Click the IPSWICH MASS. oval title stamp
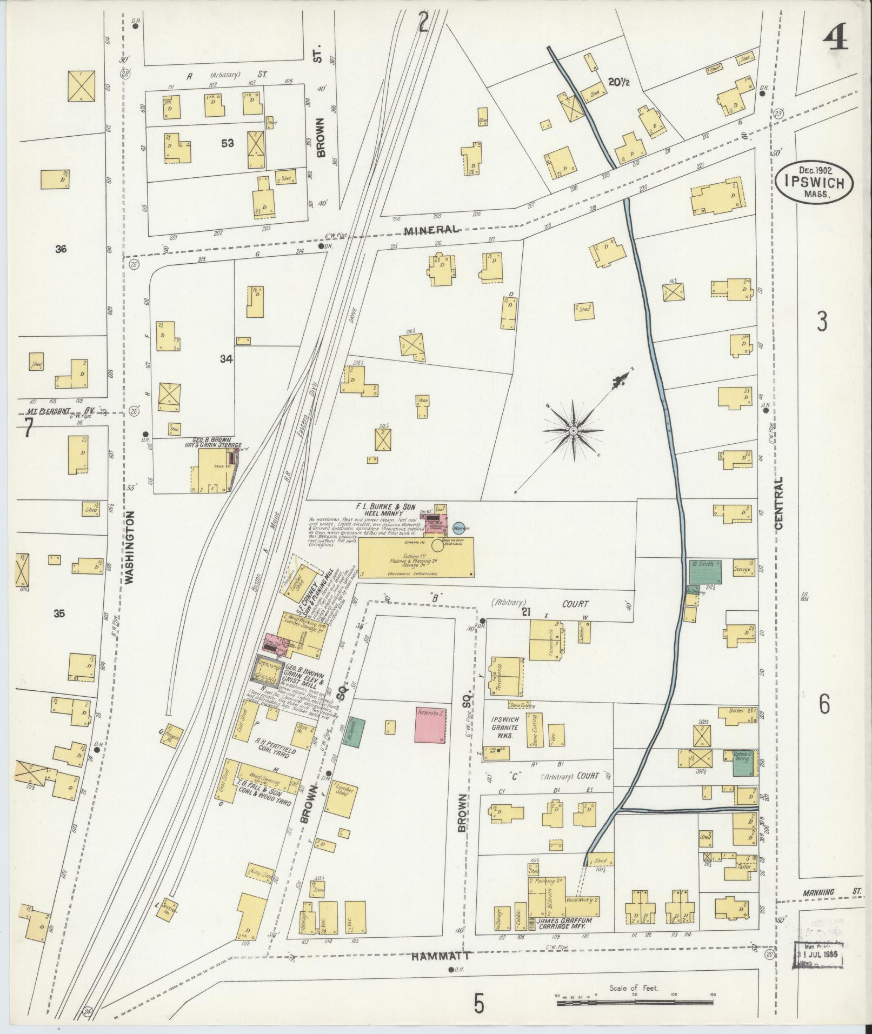(816, 182)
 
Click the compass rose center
(573, 431)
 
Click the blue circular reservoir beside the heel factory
(458, 526)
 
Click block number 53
(227, 143)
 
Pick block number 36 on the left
(61, 249)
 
